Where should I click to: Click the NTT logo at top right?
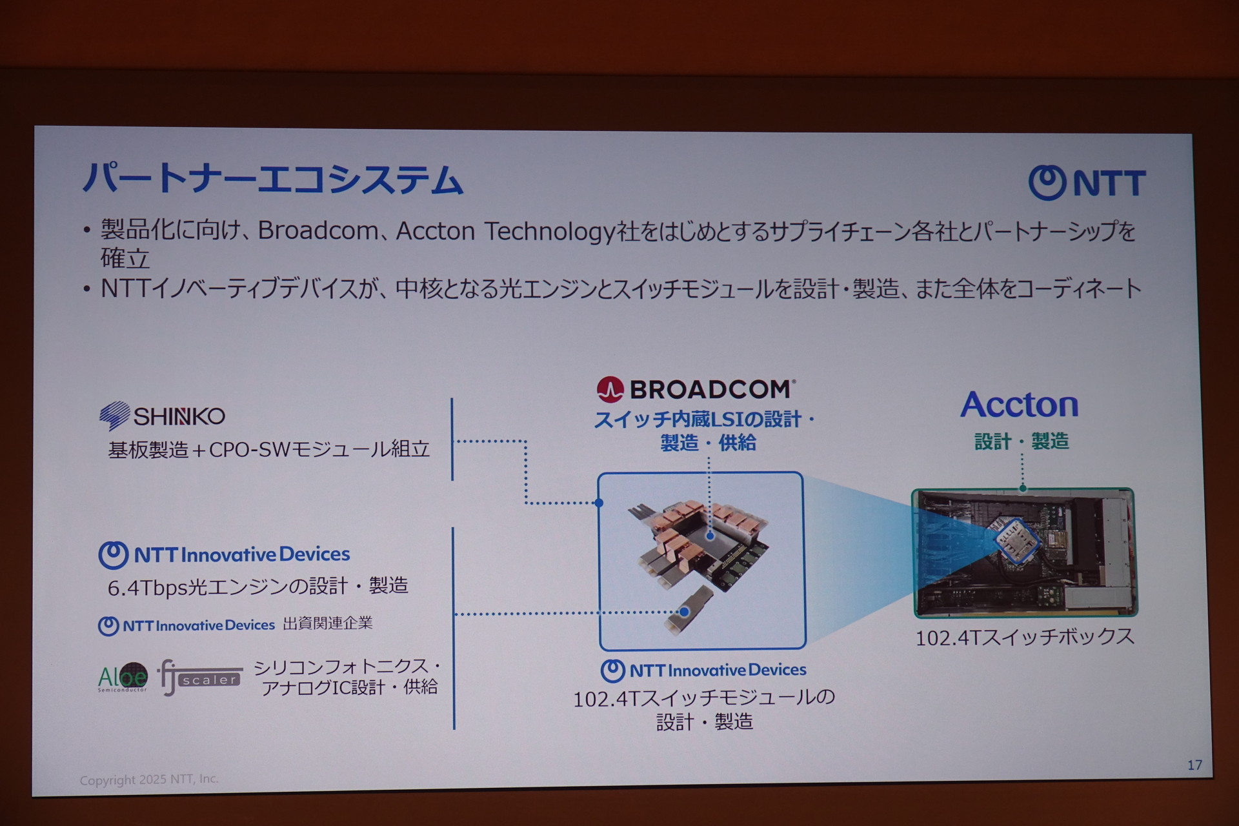coord(1087,183)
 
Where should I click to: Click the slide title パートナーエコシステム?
coord(273,179)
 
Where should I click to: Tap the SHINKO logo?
coord(162,416)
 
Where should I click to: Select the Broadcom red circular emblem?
coord(610,389)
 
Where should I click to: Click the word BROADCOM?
coord(710,389)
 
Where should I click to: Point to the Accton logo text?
coord(1020,405)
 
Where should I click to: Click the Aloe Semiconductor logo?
coord(123,677)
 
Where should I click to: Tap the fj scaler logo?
coord(200,678)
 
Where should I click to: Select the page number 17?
coord(1194,765)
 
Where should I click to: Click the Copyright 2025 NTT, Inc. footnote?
coord(149,780)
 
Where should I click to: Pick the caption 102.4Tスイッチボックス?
coord(1025,638)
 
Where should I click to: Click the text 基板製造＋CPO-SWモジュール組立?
coord(268,449)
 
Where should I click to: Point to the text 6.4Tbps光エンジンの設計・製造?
coord(257,586)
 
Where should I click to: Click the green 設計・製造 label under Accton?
coord(1022,441)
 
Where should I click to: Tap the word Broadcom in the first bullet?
coord(318,230)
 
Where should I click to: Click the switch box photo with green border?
coord(1024,552)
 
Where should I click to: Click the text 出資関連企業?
coord(328,623)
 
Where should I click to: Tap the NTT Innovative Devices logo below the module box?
coord(703,670)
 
